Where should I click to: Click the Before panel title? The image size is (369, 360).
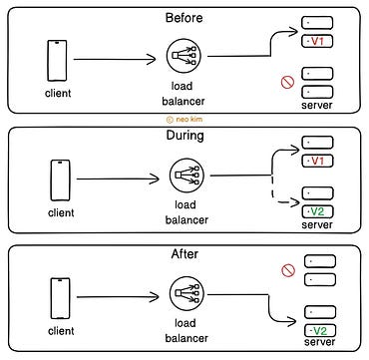click(x=184, y=18)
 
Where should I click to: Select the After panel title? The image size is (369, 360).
click(x=184, y=255)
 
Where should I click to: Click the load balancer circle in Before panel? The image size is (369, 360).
click(x=185, y=59)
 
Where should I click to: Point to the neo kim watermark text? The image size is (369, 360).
click(x=184, y=118)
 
